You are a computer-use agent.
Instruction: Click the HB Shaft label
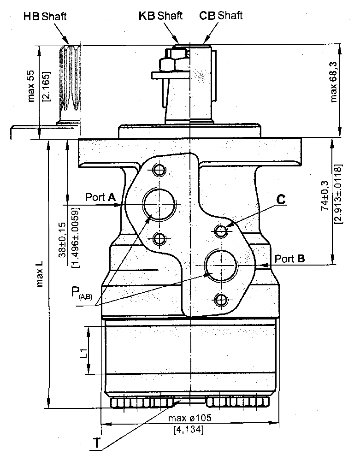tap(45, 17)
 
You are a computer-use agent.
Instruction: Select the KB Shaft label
tap(160, 15)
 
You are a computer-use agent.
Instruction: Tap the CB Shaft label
tap(221, 15)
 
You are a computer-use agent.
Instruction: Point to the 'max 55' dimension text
tap(32, 87)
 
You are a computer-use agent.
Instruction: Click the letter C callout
tap(281, 200)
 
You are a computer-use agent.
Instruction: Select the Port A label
tap(100, 197)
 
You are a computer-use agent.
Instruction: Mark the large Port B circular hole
tap(221, 265)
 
